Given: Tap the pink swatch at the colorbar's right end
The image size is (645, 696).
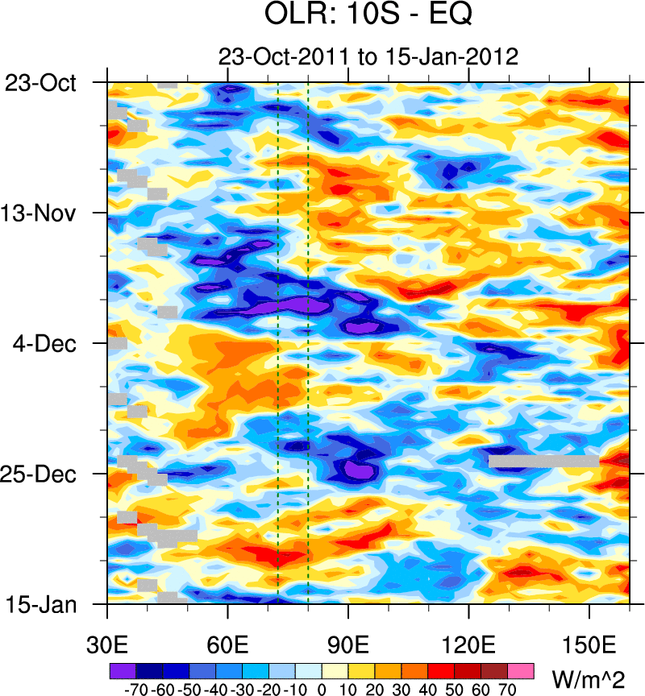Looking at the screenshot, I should (x=522, y=670).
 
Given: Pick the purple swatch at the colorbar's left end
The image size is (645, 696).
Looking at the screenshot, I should (x=123, y=670).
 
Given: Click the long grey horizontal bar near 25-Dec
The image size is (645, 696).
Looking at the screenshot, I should (x=543, y=462).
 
